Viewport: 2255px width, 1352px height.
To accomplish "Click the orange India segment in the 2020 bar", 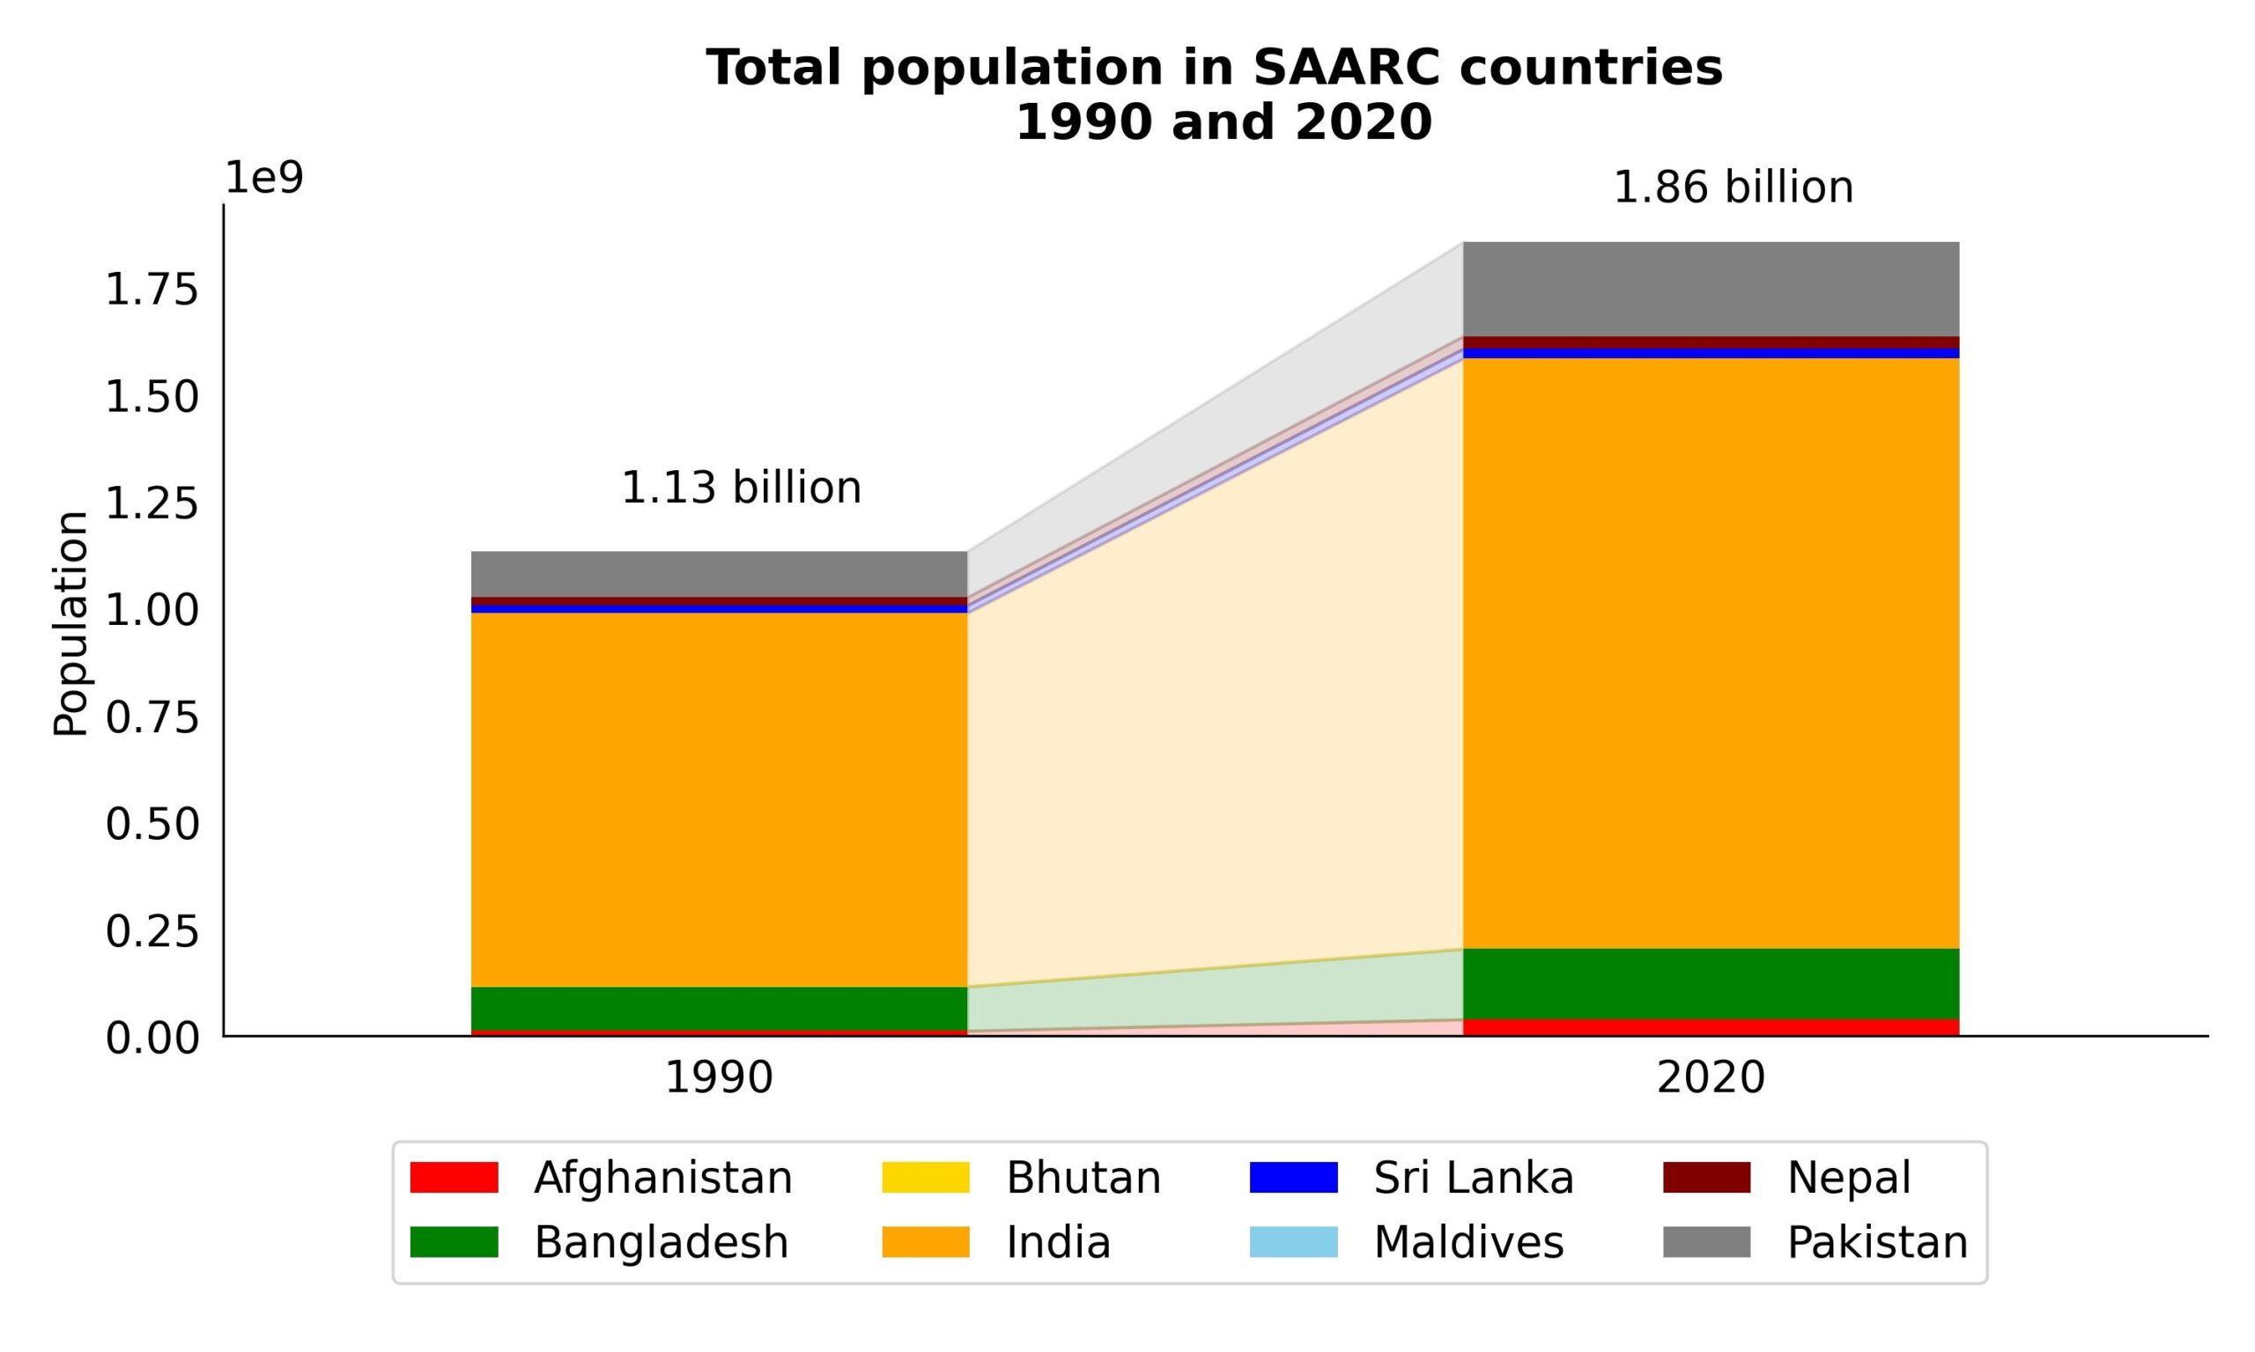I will pyautogui.click(x=1710, y=652).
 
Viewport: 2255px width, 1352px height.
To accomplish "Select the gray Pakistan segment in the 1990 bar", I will pyautogui.click(x=718, y=574).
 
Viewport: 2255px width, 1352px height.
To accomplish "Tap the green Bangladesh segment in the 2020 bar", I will pyautogui.click(x=1710, y=984).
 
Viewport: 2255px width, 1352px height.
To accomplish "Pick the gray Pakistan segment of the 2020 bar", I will pyautogui.click(x=1710, y=289).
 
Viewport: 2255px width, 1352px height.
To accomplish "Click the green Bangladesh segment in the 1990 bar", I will pyautogui.click(x=718, y=1008).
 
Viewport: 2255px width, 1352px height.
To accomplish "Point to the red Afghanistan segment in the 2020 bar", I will pyautogui.click(x=1710, y=1028).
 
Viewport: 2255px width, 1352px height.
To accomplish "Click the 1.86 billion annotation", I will pyautogui.click(x=1733, y=187).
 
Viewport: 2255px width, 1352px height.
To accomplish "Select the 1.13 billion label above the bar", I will pyautogui.click(x=740, y=489).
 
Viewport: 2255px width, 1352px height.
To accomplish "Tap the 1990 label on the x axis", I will pyautogui.click(x=718, y=1077).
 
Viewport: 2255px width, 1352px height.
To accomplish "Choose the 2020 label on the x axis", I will pyautogui.click(x=1710, y=1077).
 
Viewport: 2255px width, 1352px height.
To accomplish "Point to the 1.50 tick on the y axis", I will pyautogui.click(x=152, y=397).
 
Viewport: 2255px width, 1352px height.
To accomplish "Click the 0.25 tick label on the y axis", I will pyautogui.click(x=152, y=931).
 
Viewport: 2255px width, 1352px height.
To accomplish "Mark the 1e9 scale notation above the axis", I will pyautogui.click(x=263, y=178).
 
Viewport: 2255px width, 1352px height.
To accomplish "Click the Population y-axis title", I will pyautogui.click(x=70, y=623).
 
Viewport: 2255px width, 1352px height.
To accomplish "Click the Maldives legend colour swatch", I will pyautogui.click(x=1292, y=1242).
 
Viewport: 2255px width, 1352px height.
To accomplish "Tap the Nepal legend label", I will pyautogui.click(x=1848, y=1177).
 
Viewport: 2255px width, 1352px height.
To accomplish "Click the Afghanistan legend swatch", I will pyautogui.click(x=454, y=1177).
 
